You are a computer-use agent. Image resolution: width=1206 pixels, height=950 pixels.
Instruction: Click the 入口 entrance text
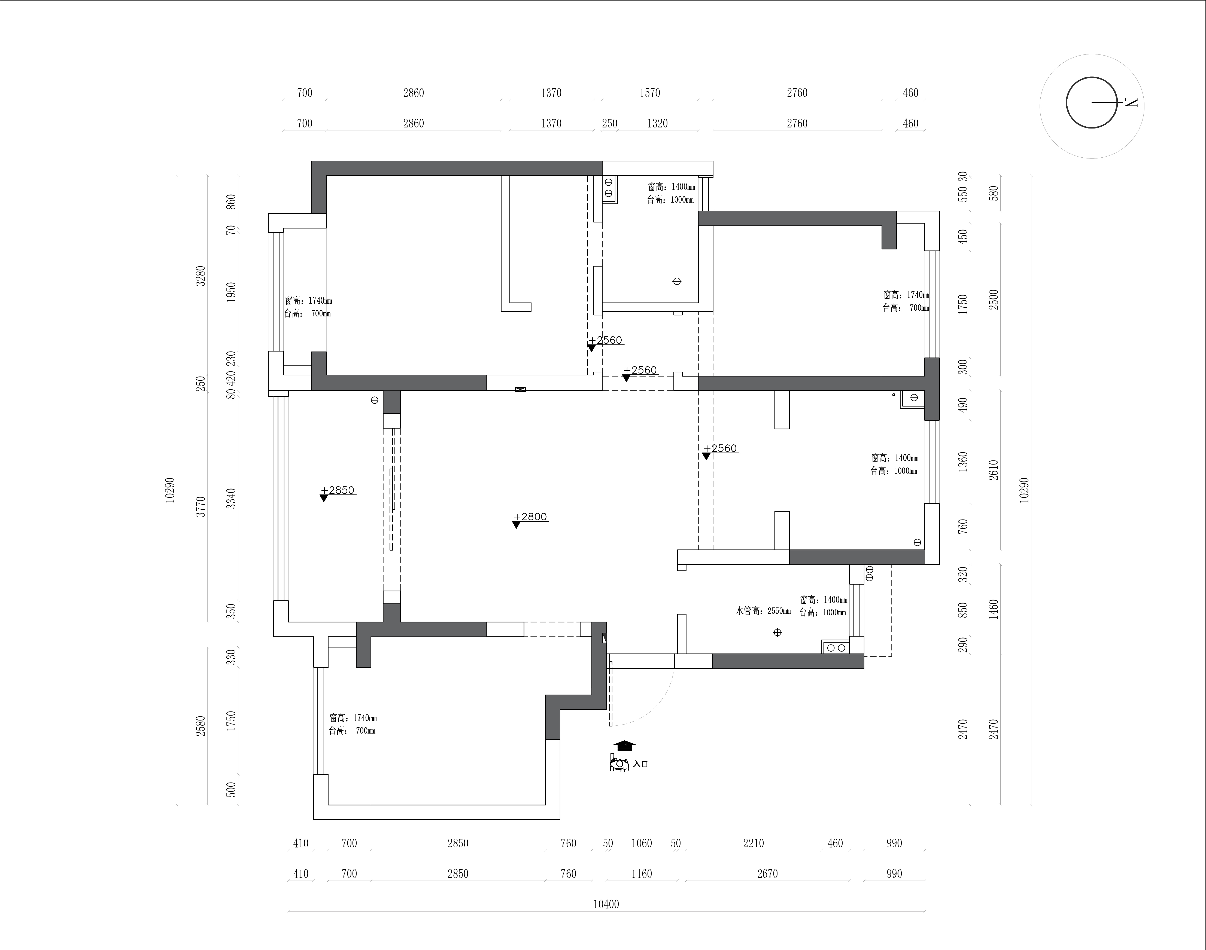click(641, 764)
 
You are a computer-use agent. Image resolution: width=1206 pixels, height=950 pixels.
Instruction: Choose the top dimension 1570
click(649, 93)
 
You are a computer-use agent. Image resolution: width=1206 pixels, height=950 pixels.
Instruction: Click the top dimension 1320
click(657, 123)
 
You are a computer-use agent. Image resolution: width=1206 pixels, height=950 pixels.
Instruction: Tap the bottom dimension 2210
click(753, 843)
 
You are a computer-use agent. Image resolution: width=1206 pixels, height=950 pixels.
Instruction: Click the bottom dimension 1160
click(641, 874)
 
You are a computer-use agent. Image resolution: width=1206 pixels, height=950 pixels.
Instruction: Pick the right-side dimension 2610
click(994, 470)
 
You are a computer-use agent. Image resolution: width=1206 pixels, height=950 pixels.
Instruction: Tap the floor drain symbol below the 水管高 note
click(777, 633)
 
